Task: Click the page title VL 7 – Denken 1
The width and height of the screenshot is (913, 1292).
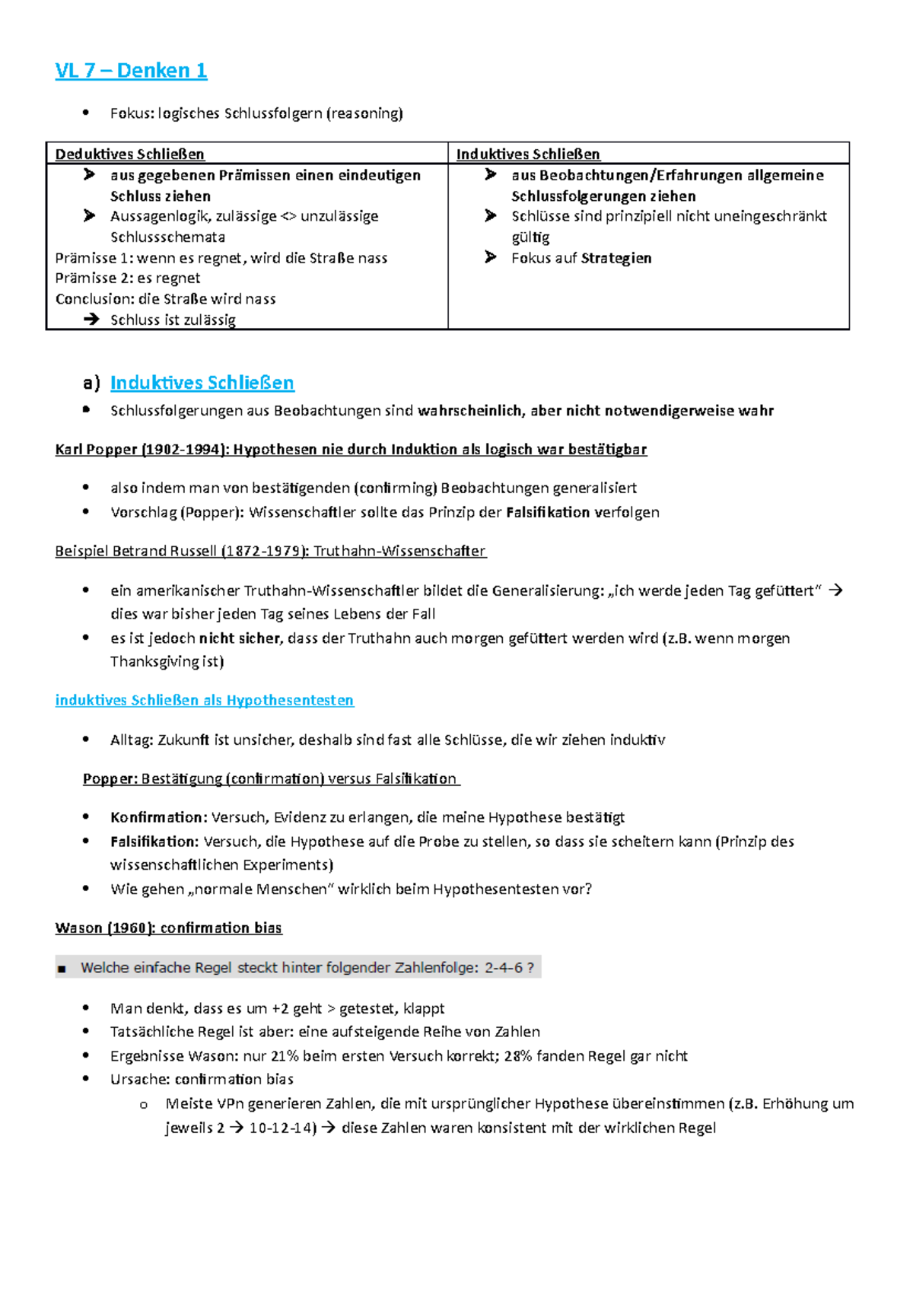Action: coord(131,71)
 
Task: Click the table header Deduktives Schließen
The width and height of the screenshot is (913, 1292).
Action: coord(129,154)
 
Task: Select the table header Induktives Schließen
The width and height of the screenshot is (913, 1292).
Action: coord(528,154)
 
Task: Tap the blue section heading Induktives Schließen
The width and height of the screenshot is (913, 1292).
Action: coord(202,383)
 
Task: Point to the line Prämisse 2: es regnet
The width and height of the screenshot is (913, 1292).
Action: coord(128,278)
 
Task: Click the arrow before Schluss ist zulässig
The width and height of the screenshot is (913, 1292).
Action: coord(91,320)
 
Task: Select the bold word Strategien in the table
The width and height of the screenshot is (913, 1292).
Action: coord(616,258)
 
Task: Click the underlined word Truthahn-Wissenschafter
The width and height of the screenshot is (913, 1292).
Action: coord(399,551)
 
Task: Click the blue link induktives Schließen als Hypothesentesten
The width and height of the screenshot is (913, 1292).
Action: coord(204,700)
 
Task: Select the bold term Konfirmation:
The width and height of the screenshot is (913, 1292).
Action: coord(158,817)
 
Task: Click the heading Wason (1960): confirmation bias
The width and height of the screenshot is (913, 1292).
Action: coord(168,928)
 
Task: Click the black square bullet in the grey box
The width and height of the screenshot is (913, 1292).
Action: coord(62,969)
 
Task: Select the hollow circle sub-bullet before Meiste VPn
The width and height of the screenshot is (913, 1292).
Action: coord(142,1105)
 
